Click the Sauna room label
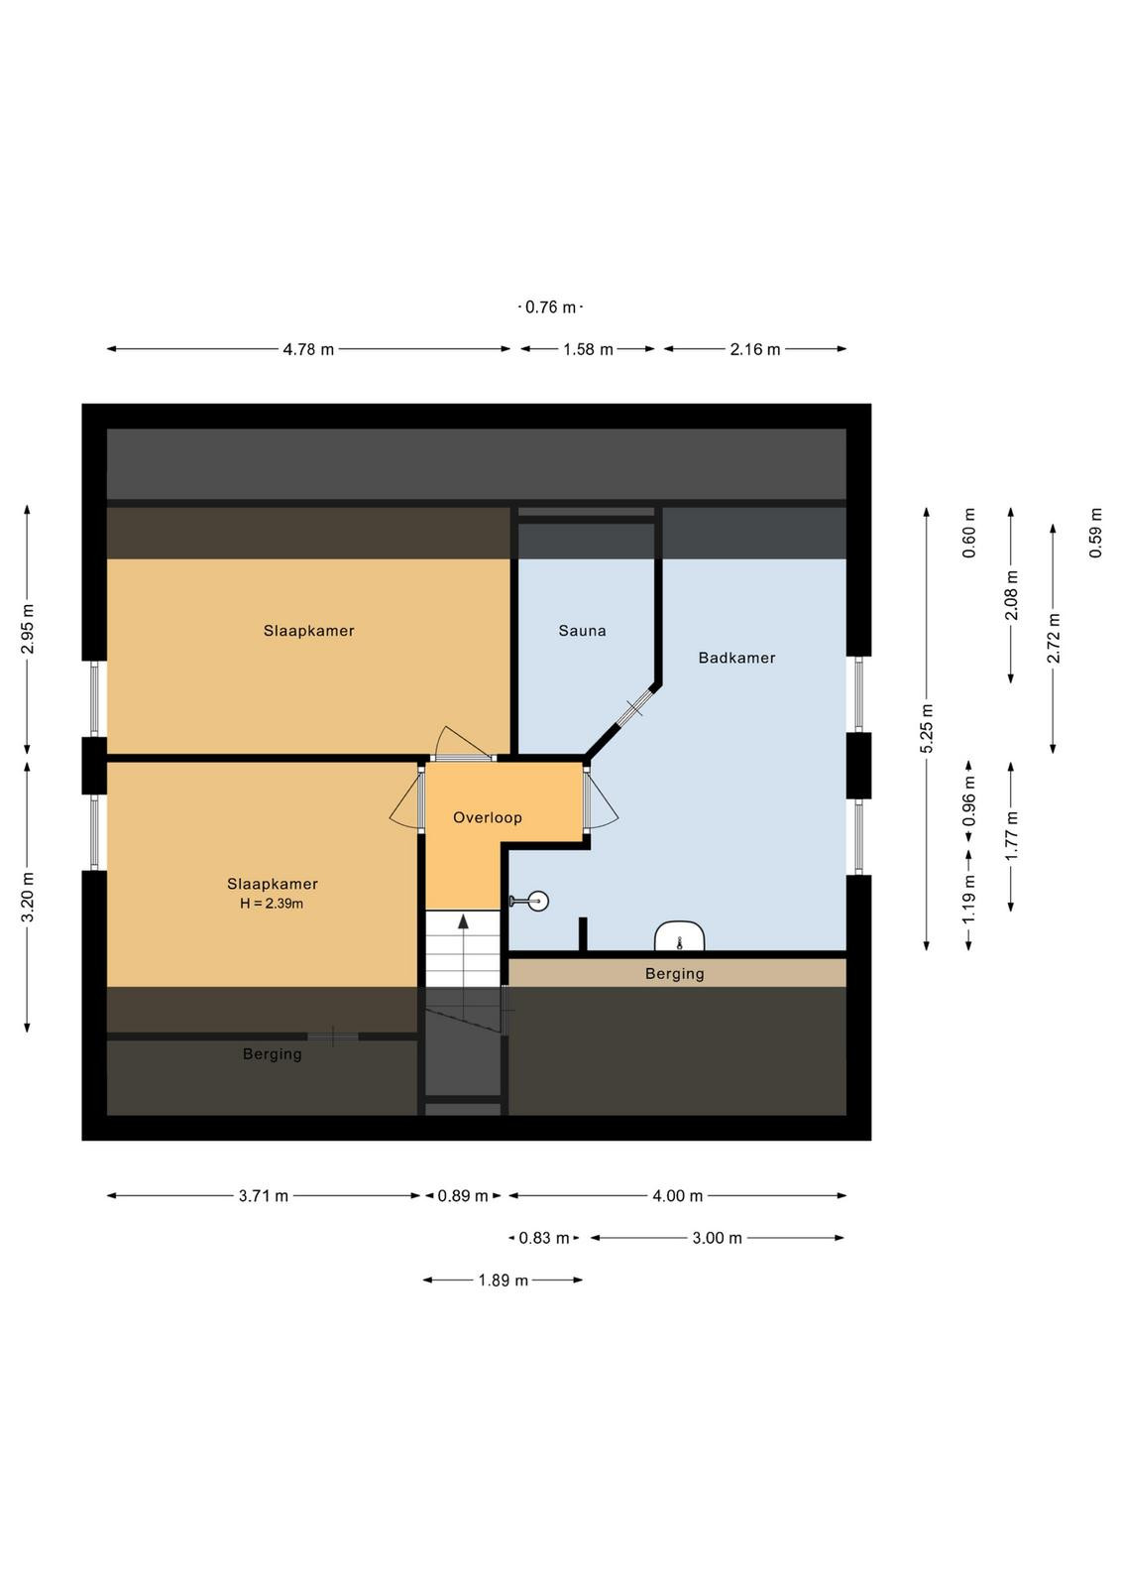point(582,631)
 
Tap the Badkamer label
point(736,658)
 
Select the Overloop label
point(488,817)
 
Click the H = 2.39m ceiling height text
point(272,904)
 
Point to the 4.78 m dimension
point(308,349)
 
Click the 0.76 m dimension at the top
point(551,307)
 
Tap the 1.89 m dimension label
point(504,1281)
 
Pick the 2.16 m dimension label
point(755,349)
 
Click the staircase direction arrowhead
point(463,920)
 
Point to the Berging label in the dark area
point(273,1054)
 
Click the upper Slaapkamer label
point(308,631)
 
